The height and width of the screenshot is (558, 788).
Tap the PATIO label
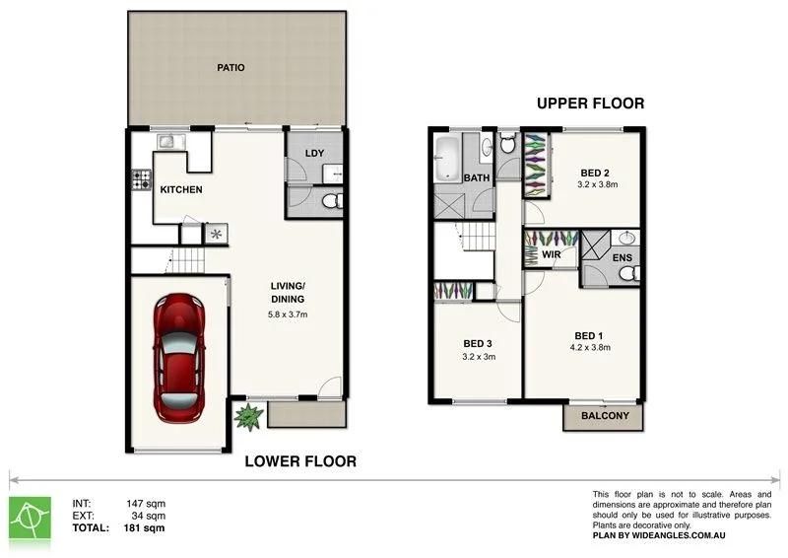230,68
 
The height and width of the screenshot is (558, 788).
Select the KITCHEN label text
181,189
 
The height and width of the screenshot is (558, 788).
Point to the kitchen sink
167,142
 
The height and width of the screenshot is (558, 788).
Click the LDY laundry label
314,153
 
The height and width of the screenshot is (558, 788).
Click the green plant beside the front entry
247,416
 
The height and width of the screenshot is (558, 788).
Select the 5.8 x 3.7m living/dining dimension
288,315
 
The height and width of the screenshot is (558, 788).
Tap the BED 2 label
594,173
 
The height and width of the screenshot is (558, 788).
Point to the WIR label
552,255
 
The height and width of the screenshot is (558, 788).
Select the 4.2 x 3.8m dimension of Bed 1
592,347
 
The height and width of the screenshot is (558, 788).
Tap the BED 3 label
478,343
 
